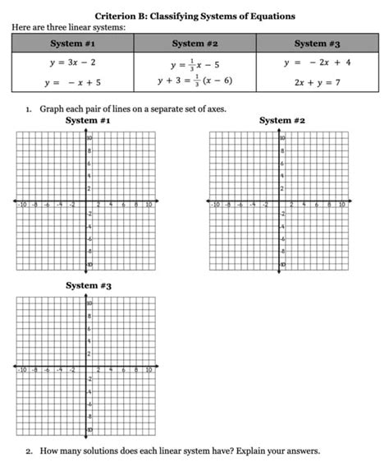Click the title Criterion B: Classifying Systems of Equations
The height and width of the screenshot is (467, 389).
(194, 16)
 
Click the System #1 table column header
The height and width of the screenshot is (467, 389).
(72, 43)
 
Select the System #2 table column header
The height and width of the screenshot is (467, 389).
(194, 43)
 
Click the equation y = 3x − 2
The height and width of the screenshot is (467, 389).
(72, 62)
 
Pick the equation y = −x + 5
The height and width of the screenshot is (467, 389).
(72, 82)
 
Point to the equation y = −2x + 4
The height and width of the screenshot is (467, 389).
(317, 62)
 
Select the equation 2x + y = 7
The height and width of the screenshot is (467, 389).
(317, 82)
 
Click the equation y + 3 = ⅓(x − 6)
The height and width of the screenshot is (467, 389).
(194, 81)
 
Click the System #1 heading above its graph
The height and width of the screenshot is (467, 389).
(88, 121)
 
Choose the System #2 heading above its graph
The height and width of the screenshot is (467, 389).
(281, 121)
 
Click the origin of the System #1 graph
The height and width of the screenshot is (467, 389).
(85, 200)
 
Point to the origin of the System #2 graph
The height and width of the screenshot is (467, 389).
(279, 200)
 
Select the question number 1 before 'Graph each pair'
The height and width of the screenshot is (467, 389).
(28, 109)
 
